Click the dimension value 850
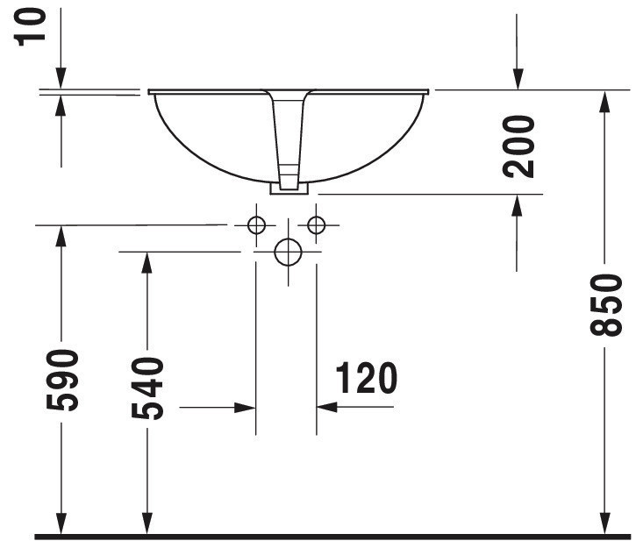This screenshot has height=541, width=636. [606, 305]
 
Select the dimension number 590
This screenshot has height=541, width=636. [62, 380]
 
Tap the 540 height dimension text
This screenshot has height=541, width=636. [147, 388]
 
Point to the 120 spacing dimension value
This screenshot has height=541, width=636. [367, 378]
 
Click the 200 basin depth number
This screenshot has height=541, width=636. [518, 146]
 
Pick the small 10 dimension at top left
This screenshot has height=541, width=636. [30, 27]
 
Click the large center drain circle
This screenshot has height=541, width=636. [288, 252]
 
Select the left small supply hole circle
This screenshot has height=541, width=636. [256, 225]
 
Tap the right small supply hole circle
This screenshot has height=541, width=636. [316, 224]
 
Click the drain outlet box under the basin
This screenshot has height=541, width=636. [289, 189]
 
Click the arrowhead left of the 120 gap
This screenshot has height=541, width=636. [245, 407]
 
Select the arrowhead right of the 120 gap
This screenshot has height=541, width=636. [327, 407]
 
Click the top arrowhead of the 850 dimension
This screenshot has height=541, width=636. [604, 101]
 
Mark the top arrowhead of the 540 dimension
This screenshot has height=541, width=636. [147, 263]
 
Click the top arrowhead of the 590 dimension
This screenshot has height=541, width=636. [61, 236]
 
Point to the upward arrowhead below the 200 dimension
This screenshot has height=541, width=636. [517, 205]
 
